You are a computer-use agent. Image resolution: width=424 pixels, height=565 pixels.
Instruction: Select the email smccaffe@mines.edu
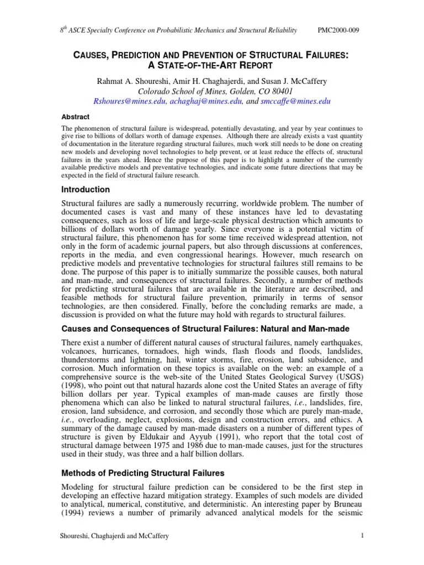pos(296,102)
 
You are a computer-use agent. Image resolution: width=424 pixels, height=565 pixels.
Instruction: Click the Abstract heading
pos(75,118)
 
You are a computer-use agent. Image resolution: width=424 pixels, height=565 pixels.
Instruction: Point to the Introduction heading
pos(87,189)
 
